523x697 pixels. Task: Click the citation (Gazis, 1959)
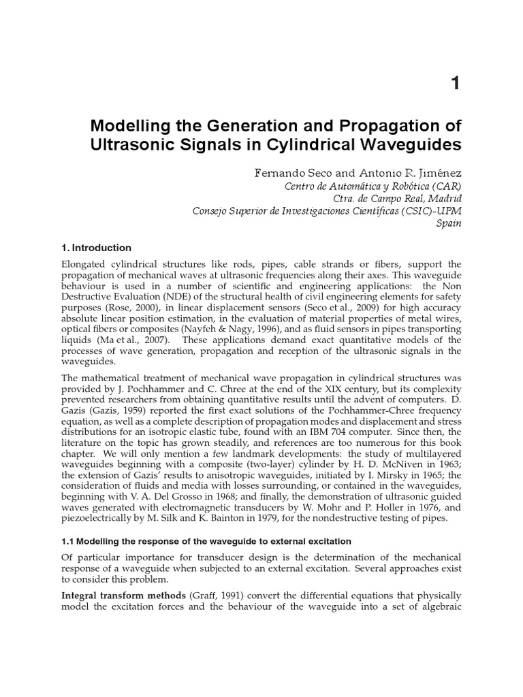pyautogui.click(x=114, y=412)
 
